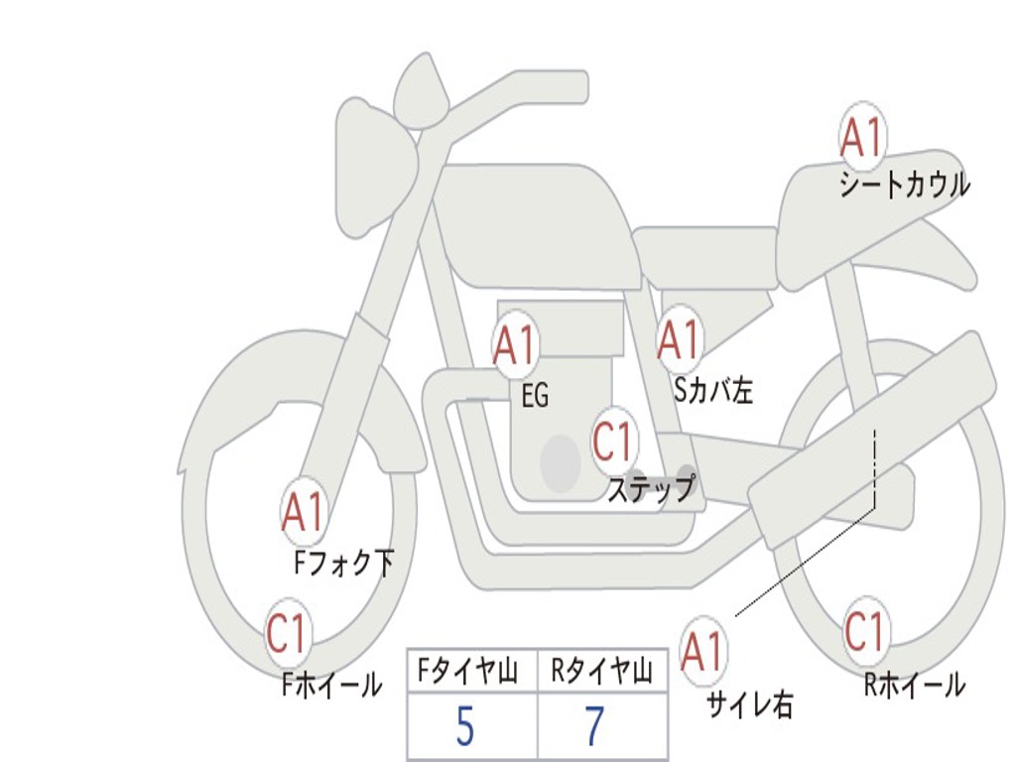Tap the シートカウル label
904,186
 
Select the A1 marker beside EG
515,345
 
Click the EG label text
535,397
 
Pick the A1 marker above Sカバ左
680,340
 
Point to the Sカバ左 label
713,391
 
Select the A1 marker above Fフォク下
303,512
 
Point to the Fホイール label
332,684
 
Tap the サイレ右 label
750,704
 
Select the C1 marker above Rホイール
864,630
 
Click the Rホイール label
914,684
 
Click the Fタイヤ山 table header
471,673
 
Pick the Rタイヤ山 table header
602,673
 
